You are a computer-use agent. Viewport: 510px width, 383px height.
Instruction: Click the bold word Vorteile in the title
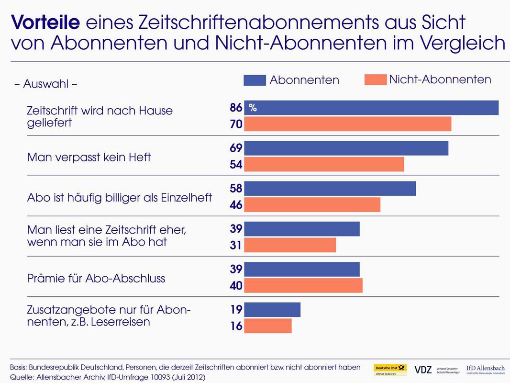click(x=45, y=22)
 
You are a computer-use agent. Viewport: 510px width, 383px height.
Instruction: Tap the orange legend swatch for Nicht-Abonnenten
click(x=375, y=79)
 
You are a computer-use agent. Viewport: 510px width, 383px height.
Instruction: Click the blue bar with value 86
click(x=371, y=108)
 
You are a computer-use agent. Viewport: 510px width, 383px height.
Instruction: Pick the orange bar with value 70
click(x=348, y=124)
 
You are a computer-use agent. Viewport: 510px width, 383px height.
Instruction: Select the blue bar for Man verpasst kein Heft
click(x=346, y=148)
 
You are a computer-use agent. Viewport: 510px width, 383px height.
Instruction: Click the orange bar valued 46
click(x=312, y=205)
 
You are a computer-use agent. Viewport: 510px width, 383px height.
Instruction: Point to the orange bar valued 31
click(x=290, y=246)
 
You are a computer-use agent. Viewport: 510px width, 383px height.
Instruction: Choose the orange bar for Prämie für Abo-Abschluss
click(x=303, y=286)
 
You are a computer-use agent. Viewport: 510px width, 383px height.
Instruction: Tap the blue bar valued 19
click(x=272, y=310)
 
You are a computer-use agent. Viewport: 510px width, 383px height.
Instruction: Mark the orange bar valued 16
click(x=268, y=326)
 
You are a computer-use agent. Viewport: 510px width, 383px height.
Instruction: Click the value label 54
click(x=236, y=165)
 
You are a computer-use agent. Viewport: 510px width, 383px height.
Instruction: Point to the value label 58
click(x=236, y=189)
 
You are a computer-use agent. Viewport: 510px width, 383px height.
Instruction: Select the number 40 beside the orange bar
click(x=236, y=286)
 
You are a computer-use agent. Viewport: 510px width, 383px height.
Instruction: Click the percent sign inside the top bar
click(x=253, y=108)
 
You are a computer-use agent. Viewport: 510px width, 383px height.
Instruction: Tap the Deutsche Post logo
click(x=390, y=370)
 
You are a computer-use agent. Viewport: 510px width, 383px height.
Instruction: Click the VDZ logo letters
click(x=423, y=370)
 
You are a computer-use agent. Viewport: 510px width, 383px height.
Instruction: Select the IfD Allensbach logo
click(x=485, y=370)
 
